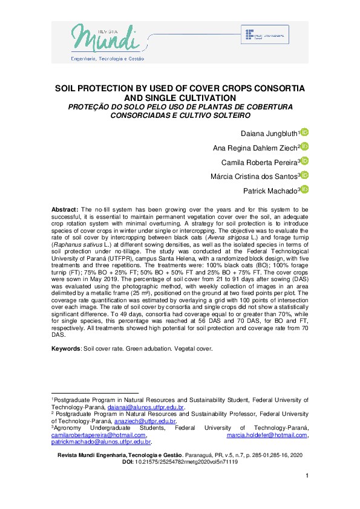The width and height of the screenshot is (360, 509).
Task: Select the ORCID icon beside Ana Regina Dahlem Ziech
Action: (305, 147)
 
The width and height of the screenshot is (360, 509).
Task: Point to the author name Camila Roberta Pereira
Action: (263, 161)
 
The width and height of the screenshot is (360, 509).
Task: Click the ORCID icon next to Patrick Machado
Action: (305, 190)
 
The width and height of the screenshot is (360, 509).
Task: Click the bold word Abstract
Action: (65, 209)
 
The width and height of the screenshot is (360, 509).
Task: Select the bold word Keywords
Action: (66, 349)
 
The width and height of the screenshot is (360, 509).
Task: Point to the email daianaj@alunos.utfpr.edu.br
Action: (150, 407)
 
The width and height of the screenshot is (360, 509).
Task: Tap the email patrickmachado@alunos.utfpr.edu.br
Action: (100, 442)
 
